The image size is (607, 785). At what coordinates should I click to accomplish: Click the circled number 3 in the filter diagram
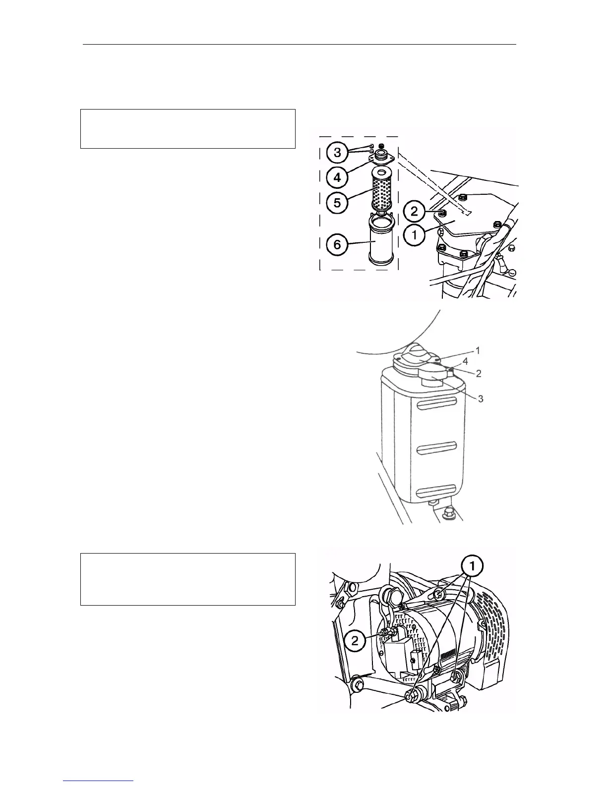pos(337,153)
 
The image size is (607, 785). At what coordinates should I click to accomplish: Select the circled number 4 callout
pos(337,177)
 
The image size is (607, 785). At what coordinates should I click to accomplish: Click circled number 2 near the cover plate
pos(415,212)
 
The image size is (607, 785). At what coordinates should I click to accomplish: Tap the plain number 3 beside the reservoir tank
pos(480,398)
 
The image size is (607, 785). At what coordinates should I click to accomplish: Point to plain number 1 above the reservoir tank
pos(478,350)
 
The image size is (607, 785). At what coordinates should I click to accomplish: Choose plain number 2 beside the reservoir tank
pos(478,374)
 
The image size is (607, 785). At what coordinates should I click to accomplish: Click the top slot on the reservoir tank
pos(436,406)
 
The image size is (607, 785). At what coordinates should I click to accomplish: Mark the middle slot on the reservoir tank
pos(436,449)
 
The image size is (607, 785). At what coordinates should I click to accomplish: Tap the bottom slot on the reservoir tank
pos(436,492)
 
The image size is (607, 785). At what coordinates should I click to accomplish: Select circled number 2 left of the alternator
pos(355,641)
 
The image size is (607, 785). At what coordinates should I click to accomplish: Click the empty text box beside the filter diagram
pos(188,129)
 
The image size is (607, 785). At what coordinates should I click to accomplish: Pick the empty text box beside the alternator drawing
pos(188,579)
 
